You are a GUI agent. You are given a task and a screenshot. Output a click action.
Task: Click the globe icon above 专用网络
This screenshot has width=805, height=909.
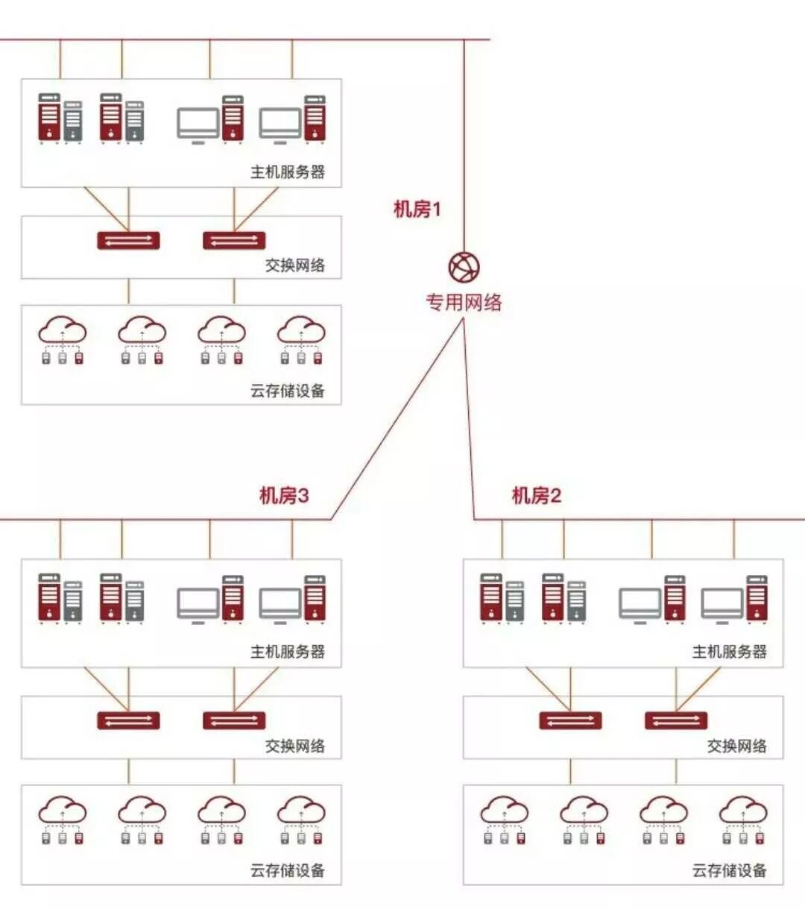464,267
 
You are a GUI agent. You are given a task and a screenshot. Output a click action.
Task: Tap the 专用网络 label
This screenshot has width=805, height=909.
464,302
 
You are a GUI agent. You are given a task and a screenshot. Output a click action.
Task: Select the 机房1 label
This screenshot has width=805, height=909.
417,209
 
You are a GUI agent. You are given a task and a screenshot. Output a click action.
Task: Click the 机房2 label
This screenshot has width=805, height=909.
536,495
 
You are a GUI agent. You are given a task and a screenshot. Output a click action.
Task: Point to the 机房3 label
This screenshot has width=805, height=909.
283,495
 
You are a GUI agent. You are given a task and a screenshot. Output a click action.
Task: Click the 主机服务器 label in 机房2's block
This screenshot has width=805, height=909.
729,652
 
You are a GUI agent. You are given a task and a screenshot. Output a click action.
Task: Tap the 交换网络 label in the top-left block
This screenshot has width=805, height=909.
295,265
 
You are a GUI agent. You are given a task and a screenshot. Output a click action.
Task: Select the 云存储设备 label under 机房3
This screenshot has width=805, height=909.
288,870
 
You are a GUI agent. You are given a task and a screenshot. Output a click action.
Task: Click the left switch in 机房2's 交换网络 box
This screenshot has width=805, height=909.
570,720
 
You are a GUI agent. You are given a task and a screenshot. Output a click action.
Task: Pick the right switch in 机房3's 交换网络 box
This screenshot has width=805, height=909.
234,720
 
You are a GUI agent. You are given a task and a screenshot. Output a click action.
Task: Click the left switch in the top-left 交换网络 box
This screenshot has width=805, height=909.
128,240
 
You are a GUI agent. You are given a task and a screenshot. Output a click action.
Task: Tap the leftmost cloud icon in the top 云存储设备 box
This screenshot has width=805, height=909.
63,330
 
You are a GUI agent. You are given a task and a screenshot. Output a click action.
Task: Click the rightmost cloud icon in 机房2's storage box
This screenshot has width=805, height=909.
743,811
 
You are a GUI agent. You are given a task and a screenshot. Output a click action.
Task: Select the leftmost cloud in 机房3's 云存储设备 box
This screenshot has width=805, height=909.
63,811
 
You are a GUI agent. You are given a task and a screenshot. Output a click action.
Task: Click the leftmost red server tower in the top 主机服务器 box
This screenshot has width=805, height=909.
49,117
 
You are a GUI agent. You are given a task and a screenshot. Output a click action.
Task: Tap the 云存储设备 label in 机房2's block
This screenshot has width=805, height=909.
729,870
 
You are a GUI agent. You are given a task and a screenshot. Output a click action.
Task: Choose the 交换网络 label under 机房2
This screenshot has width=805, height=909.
736,746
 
